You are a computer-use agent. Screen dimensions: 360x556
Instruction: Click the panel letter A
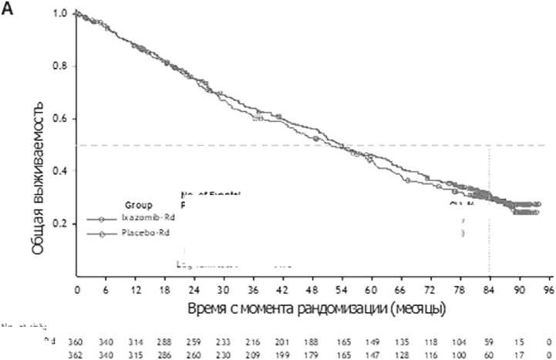[8, 13]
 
